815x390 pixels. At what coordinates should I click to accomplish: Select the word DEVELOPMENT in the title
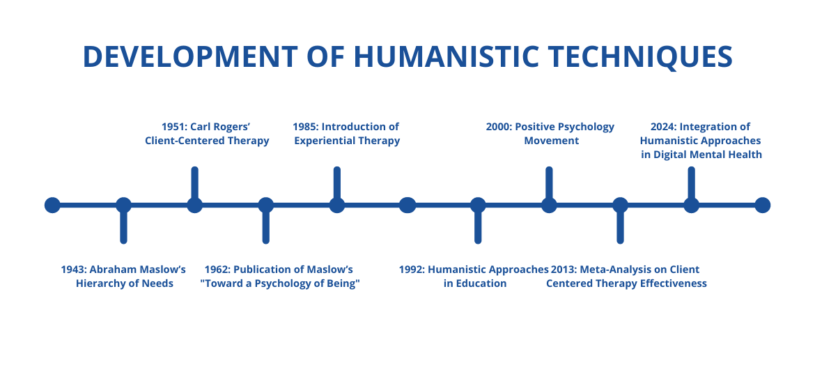(x=190, y=56)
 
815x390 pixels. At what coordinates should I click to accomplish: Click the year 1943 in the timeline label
(x=72, y=270)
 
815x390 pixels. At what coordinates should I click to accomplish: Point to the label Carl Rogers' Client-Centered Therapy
(x=207, y=134)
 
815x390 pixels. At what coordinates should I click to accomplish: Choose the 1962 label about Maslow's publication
(x=279, y=276)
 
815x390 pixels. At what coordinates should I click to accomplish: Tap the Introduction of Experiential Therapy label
(x=346, y=134)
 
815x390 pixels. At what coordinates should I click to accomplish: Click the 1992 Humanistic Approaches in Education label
(x=474, y=276)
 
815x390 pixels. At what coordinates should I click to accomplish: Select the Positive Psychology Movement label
(x=550, y=134)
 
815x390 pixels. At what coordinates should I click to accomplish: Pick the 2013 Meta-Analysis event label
(x=626, y=276)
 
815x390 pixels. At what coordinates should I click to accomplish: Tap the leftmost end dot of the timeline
(x=52, y=205)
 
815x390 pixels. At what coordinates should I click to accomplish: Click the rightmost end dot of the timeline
(x=762, y=205)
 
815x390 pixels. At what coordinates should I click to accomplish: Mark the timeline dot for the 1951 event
(x=194, y=205)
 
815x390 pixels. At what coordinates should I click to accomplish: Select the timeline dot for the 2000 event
(x=549, y=205)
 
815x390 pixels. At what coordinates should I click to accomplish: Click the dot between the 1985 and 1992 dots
(x=407, y=205)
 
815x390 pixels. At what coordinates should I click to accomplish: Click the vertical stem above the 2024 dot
(x=691, y=182)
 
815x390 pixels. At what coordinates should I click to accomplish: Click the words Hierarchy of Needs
(x=124, y=283)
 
